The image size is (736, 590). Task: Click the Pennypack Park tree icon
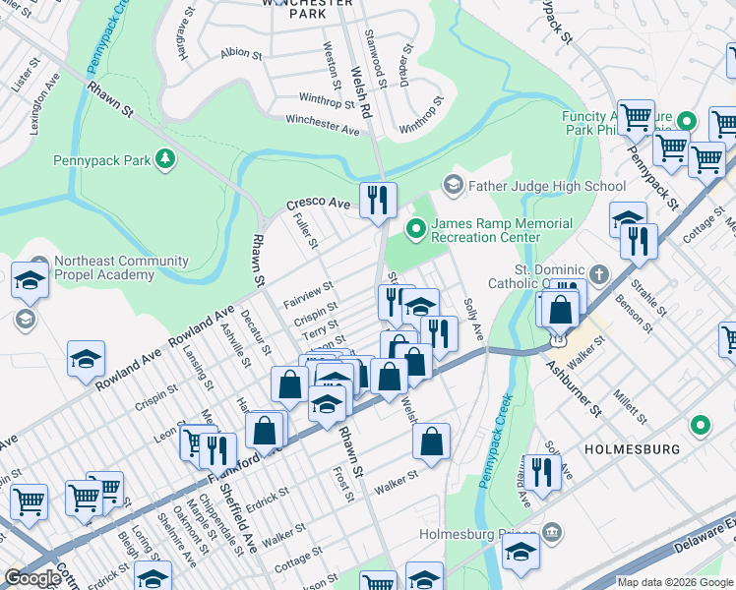click(x=166, y=157)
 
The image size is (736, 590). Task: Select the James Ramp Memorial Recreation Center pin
click(x=416, y=230)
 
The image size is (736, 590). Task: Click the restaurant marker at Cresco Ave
click(x=378, y=201)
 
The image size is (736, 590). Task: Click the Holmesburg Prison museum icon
click(x=551, y=533)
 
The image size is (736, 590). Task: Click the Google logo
click(x=32, y=577)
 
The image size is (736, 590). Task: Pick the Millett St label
click(x=627, y=398)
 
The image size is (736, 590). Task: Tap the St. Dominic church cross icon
click(x=598, y=271)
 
